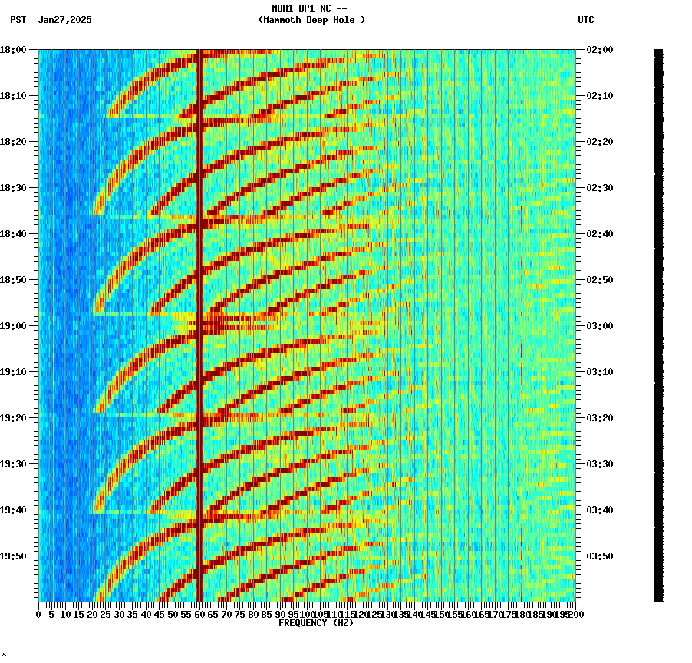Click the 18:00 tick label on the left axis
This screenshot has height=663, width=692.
[15, 49]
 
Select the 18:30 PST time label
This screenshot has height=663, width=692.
[15, 187]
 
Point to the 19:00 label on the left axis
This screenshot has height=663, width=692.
[15, 325]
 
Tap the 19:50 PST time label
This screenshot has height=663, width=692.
[15, 556]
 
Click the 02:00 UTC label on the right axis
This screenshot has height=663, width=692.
[598, 49]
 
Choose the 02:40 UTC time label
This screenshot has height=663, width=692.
[598, 233]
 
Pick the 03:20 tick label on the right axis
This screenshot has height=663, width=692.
[598, 417]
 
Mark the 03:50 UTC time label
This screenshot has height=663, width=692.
[598, 556]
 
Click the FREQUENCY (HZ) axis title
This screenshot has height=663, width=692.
[315, 623]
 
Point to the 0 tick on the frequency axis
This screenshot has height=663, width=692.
[39, 615]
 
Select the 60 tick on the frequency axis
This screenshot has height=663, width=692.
[199, 615]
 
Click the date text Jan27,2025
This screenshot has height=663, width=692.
[64, 20]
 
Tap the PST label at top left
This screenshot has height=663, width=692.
[18, 20]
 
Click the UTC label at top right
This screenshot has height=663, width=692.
[586, 20]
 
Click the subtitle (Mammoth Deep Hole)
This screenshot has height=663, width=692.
[311, 20]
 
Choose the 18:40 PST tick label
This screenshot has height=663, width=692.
[15, 233]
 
